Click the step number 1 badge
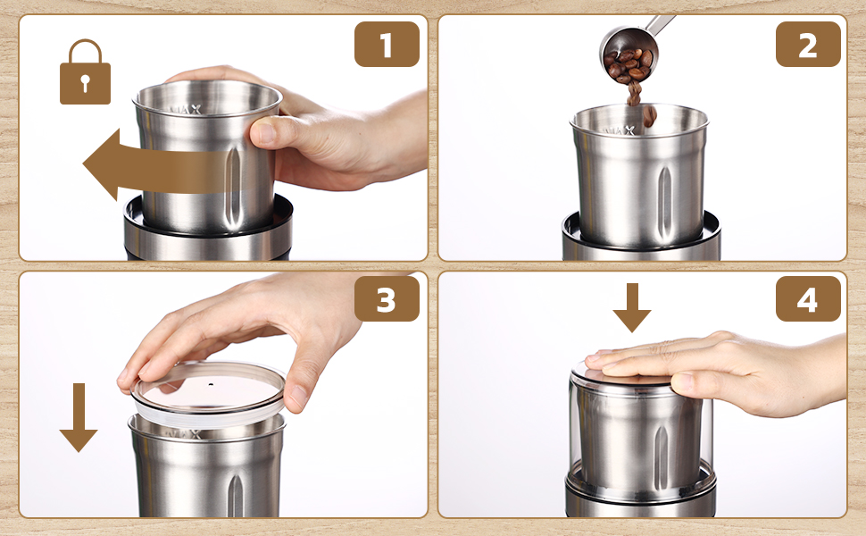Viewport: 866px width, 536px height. click(387, 45)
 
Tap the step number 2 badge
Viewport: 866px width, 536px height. click(808, 45)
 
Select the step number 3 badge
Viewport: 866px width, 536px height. click(387, 299)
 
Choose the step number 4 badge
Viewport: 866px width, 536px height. click(808, 299)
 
